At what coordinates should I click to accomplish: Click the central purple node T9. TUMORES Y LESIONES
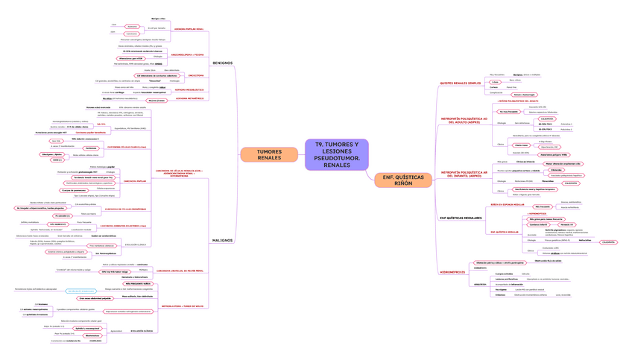(336, 154)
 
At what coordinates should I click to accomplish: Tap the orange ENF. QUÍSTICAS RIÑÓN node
(402, 180)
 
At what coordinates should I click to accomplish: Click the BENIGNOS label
(223, 63)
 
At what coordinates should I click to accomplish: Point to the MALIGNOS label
(222, 241)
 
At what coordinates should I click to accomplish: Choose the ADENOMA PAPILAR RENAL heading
(189, 31)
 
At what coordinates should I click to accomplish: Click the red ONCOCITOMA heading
(195, 75)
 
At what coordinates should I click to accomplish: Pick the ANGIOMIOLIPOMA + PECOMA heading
(189, 54)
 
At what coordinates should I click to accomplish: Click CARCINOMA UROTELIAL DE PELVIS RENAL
(180, 270)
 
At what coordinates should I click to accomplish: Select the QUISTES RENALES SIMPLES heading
(460, 83)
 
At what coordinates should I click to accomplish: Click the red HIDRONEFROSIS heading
(452, 272)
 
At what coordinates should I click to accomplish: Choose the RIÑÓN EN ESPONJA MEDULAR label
(507, 203)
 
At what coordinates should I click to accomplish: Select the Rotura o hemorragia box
(524, 95)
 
